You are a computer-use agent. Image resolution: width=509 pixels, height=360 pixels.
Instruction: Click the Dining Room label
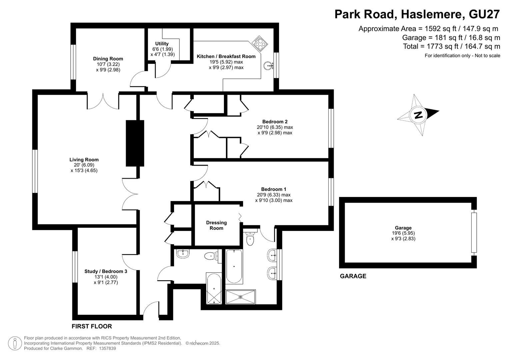[108, 59]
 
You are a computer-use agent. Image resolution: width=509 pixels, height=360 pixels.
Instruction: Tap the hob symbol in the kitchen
[259, 43]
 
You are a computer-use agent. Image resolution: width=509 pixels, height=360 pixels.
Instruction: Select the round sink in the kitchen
[268, 66]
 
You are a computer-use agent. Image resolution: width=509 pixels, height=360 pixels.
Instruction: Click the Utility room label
[162, 44]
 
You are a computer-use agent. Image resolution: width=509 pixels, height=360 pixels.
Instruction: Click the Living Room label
[84, 160]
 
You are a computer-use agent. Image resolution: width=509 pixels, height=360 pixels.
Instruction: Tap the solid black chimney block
[135, 143]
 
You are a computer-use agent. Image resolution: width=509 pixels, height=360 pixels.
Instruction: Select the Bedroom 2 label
[275, 122]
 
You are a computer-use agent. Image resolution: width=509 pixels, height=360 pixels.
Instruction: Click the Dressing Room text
[216, 225]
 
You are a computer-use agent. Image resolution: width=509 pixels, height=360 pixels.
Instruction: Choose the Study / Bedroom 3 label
[106, 271]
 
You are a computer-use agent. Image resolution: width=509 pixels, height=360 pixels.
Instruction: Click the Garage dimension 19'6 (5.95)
[403, 233]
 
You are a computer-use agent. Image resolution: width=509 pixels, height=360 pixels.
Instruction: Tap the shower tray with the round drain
[241, 297]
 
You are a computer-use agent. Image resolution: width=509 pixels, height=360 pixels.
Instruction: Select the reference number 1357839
[107, 348]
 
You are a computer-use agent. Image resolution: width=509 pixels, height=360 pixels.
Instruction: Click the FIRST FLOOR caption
[92, 326]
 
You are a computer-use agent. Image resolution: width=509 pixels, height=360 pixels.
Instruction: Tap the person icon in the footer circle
[15, 343]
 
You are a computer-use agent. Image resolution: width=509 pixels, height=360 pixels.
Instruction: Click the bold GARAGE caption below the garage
[353, 276]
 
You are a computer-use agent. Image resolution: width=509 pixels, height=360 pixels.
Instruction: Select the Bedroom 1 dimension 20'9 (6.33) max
[274, 195]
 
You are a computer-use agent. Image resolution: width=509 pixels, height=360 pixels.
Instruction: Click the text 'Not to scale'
[487, 56]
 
